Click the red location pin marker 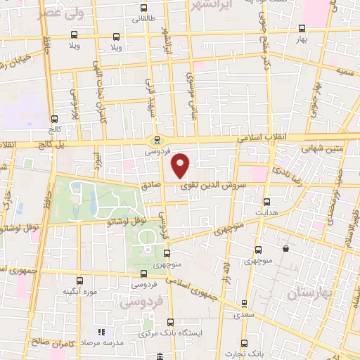click(181, 165)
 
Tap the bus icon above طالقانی click(143, 9)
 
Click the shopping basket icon click(285, 249)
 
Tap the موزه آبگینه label click(79, 291)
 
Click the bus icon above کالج click(55, 120)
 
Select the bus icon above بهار click(302, 29)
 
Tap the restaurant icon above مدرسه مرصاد click(101, 331)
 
